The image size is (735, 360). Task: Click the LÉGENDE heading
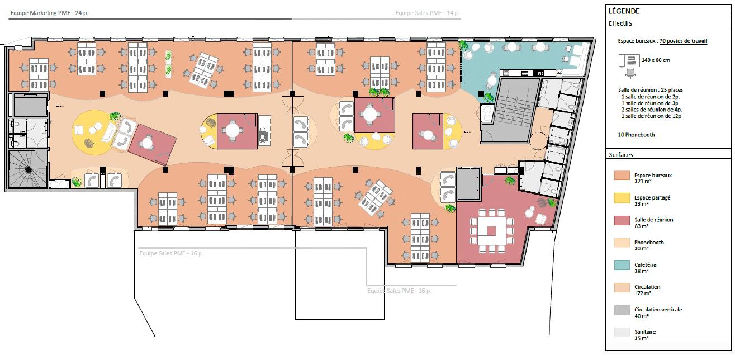click(625, 11)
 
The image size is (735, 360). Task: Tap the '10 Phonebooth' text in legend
click(637, 135)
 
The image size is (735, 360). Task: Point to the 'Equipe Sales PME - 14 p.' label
click(427, 13)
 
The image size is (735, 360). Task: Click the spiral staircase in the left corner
click(26, 169)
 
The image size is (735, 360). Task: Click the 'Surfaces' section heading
click(622, 155)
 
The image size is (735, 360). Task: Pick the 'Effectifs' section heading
click(621, 23)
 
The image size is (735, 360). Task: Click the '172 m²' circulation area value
click(641, 293)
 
